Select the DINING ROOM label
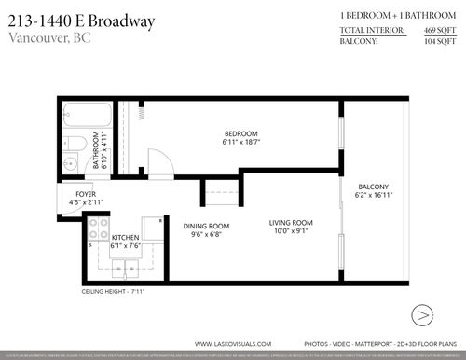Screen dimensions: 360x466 coord(206,226)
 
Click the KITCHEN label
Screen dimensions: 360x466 coord(125,238)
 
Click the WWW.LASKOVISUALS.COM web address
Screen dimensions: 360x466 coord(233,341)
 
